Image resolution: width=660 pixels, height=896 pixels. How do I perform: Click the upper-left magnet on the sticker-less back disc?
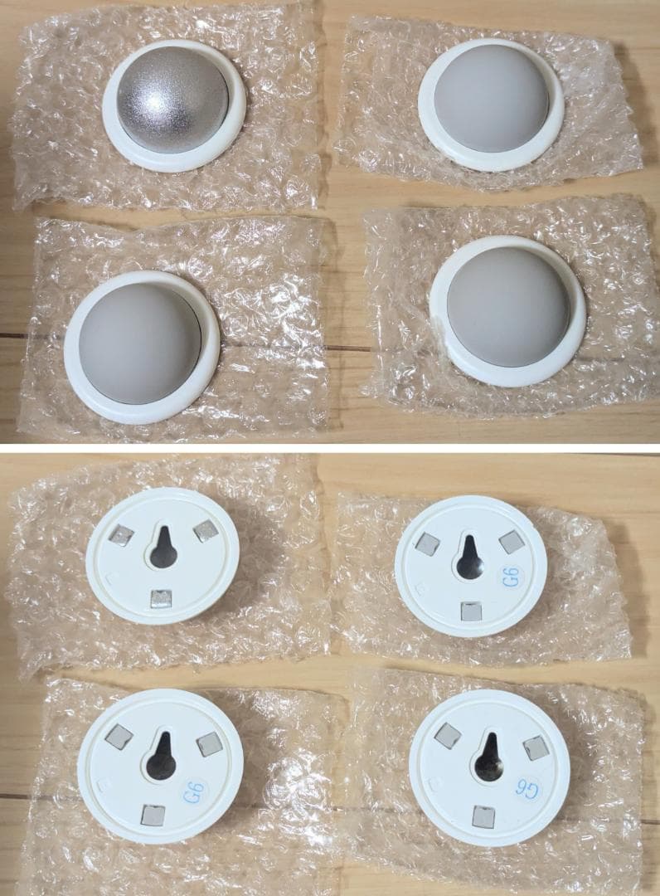pos(121,537)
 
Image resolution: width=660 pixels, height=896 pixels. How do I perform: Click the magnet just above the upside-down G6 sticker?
pos(535,749)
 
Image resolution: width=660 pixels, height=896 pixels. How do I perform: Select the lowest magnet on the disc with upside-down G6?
pos(482,818)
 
